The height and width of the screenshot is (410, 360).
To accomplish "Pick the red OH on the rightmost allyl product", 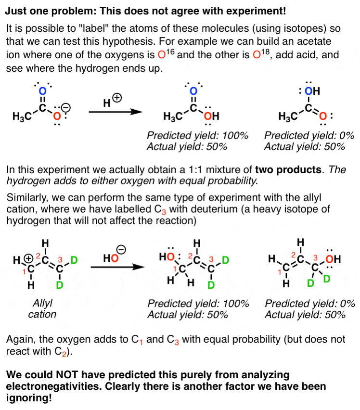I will (333, 260).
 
